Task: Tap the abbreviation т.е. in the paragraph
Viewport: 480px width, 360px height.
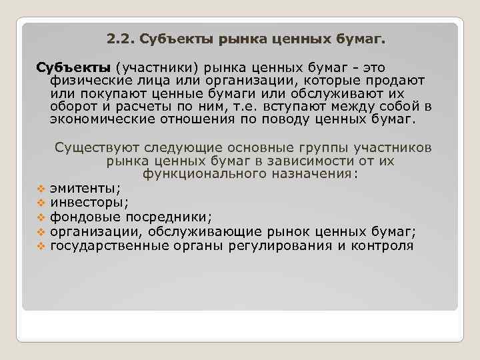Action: tap(247, 107)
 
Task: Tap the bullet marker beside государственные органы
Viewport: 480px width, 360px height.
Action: tap(40, 246)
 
